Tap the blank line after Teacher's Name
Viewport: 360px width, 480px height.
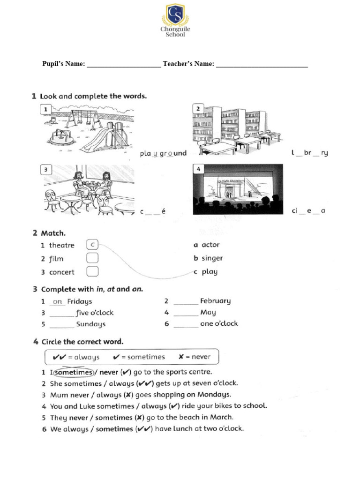tap(262, 65)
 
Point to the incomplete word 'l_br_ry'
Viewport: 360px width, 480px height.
tap(309, 153)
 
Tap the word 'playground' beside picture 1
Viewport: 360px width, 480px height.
tap(163, 153)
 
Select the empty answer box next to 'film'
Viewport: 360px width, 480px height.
tap(92, 258)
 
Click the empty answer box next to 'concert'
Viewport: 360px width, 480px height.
tap(92, 272)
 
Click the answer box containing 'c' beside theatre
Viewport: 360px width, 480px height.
tap(92, 245)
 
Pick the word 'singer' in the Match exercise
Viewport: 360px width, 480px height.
tap(212, 258)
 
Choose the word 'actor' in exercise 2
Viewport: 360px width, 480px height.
tap(210, 245)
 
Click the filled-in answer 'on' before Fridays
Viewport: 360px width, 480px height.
tap(57, 301)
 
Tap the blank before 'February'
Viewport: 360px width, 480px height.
tap(186, 301)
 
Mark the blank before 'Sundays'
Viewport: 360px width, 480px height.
tap(61, 324)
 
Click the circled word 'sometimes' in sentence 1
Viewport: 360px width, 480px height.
tap(73, 372)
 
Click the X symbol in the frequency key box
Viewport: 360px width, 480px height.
tap(181, 357)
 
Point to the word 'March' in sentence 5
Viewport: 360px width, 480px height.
tap(222, 417)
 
